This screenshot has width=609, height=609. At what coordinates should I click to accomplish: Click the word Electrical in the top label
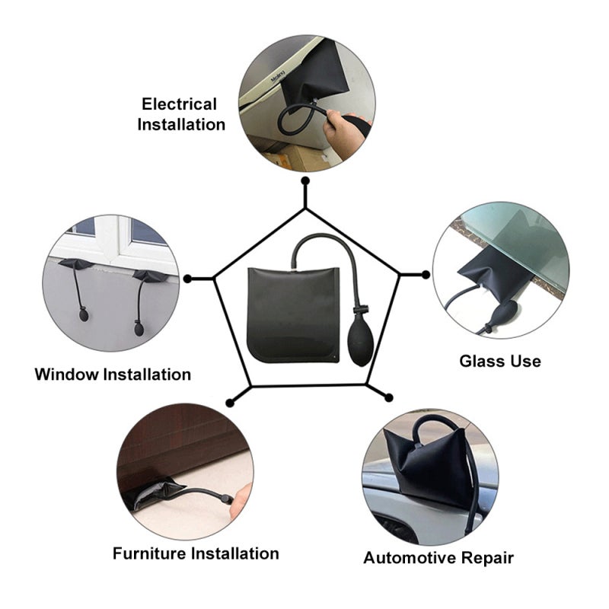(x=179, y=104)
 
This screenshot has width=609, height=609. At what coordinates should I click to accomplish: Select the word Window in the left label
(x=67, y=375)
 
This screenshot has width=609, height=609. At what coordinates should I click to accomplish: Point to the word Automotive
(x=409, y=558)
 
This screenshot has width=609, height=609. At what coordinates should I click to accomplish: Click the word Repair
(x=486, y=559)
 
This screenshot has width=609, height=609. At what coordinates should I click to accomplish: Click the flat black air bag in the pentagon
(x=294, y=314)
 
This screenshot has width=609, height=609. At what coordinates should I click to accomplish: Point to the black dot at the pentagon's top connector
(x=305, y=180)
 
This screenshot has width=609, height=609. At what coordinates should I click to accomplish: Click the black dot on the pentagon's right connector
(x=426, y=275)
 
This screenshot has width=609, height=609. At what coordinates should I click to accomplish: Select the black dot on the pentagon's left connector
(x=187, y=279)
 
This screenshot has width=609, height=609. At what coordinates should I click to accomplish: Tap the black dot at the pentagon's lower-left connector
(x=230, y=403)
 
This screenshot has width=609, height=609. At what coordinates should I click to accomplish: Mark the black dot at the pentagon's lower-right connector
(x=388, y=397)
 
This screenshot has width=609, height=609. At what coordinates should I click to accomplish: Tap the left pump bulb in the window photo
(x=84, y=314)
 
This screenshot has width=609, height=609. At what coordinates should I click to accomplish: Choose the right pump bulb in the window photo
(x=139, y=328)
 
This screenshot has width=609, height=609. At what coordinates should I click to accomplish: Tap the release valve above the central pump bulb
(x=360, y=310)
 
